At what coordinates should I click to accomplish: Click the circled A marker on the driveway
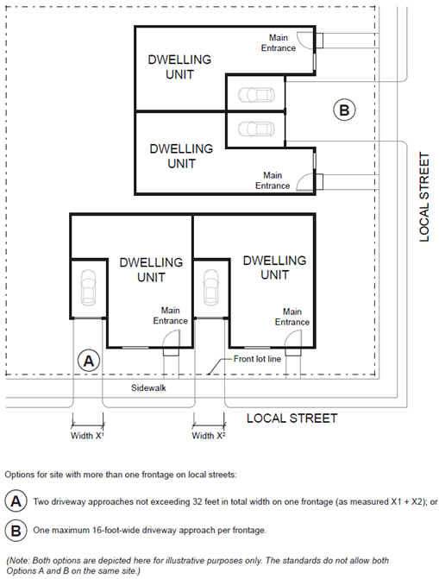click(x=89, y=361)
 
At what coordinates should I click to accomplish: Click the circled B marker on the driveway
click(x=344, y=110)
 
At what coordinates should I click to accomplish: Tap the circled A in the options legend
click(x=16, y=501)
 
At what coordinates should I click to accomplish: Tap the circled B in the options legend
click(x=16, y=530)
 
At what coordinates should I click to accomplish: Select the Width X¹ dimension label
click(x=87, y=436)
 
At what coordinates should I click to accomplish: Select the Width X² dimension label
click(x=209, y=436)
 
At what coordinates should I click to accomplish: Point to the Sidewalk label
click(x=148, y=387)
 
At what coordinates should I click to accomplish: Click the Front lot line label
click(x=257, y=359)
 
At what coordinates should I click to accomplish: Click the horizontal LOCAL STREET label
click(x=292, y=419)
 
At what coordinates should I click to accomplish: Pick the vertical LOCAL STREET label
click(x=424, y=198)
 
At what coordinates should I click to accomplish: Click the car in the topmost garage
click(x=256, y=95)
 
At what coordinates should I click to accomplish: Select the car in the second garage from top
click(x=256, y=129)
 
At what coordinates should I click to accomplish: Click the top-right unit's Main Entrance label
click(x=279, y=43)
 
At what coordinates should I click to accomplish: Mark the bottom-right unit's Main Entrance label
click(x=292, y=317)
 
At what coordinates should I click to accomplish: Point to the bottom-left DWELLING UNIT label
click(x=151, y=270)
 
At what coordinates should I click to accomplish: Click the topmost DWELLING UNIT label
click(x=179, y=66)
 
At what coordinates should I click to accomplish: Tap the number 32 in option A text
click(x=197, y=502)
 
